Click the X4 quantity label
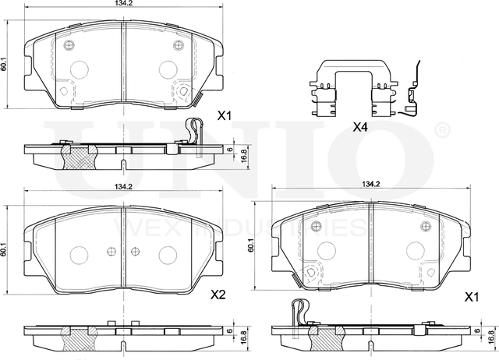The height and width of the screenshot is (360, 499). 360,128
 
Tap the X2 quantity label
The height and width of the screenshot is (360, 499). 218,295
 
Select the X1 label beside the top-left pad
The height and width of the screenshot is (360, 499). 224,116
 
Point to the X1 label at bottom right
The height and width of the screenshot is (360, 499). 472,298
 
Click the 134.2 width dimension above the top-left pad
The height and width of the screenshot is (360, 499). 123,3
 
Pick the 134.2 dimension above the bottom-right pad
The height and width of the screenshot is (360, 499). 370,183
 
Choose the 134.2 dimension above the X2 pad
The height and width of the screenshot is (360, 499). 123,187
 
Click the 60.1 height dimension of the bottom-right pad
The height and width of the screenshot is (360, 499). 251,246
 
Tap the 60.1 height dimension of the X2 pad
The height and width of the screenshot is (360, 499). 3,249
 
